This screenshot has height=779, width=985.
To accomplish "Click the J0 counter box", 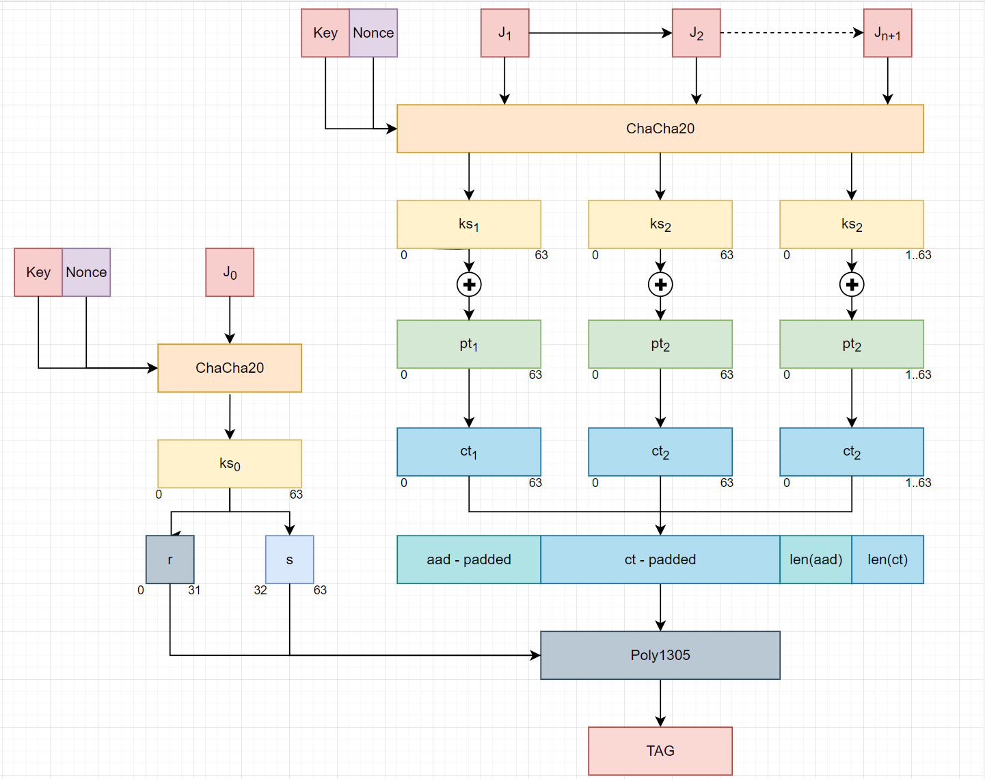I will [230, 272].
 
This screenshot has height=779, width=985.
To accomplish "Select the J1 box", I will [504, 33].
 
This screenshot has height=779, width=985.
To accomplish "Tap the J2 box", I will [696, 33].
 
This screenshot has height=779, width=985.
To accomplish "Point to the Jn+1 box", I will [887, 33].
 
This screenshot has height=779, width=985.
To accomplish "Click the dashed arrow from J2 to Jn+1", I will [792, 33].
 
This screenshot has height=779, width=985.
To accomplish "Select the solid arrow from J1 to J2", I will [600, 33].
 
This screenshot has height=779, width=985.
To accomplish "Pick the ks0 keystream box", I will [230, 463].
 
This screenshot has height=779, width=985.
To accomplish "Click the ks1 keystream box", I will [469, 224].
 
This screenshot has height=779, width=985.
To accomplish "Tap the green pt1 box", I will [469, 344].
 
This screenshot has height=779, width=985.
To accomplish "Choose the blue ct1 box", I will [469, 451].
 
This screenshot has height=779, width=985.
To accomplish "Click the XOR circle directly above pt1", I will [469, 285].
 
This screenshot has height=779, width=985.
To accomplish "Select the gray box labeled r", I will [170, 559].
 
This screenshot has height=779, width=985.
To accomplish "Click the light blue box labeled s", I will [289, 559].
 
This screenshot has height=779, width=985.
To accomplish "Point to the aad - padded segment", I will [469, 559].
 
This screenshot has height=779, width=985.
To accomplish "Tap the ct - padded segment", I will [660, 559].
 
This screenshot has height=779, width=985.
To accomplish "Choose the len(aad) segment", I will [815, 559].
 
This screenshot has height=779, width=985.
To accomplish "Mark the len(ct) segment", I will [887, 559].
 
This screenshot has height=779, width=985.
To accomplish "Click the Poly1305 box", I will [660, 655].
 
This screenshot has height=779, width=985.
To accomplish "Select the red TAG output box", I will [660, 751].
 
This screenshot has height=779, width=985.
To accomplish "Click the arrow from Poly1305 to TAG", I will [660, 703].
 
